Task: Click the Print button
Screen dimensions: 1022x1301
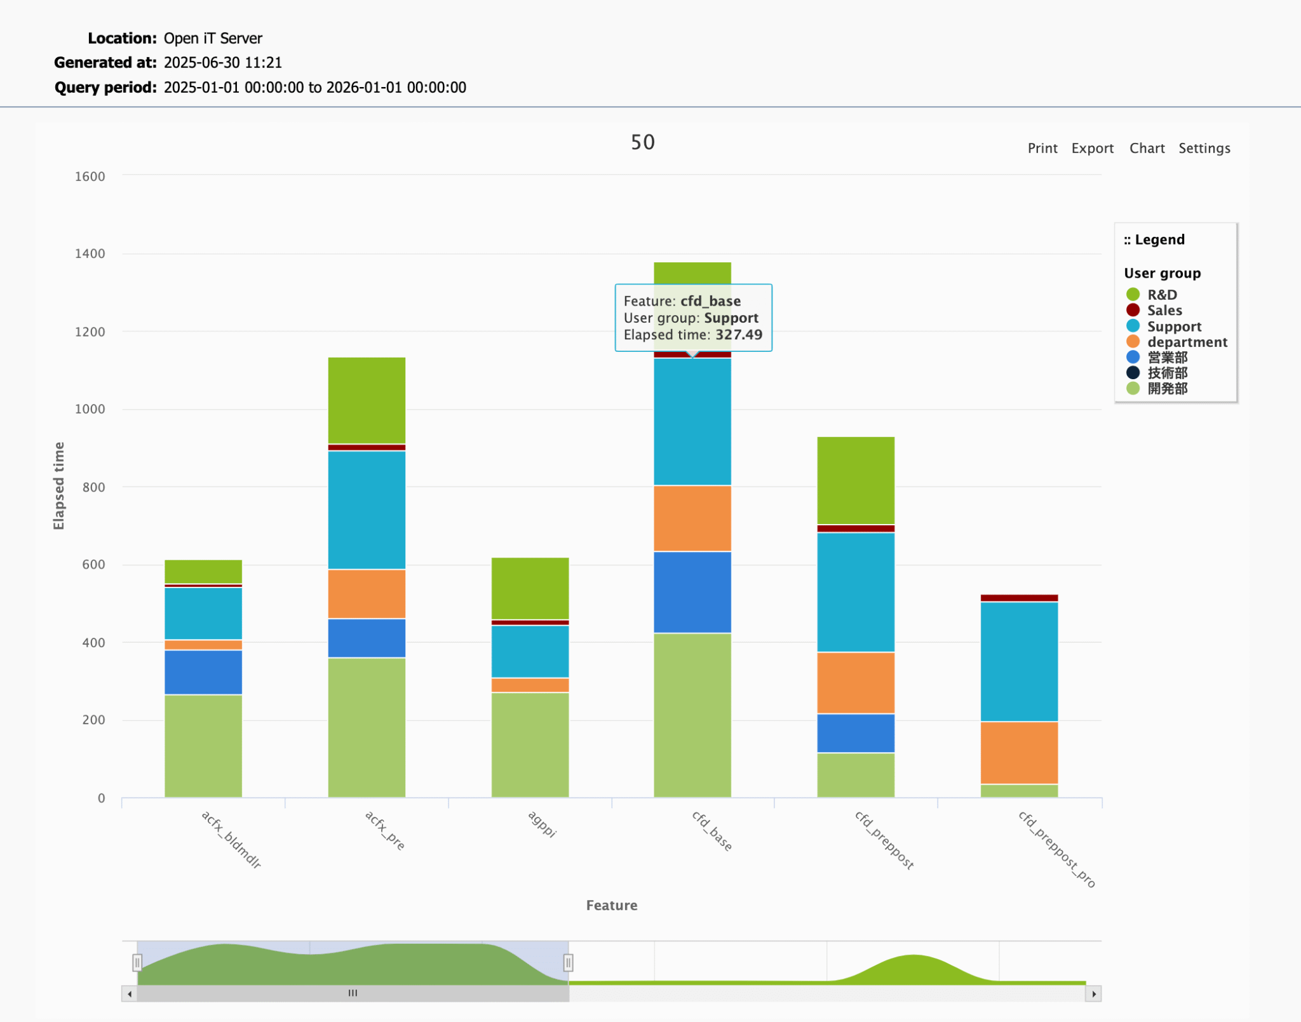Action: [1042, 148]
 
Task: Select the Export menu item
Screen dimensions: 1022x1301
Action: [1092, 148]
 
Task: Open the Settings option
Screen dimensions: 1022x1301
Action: [1204, 148]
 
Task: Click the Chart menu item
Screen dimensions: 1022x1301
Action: [1147, 148]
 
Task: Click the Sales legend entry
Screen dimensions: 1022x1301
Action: [1164, 311]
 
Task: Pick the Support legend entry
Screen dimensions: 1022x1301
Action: [1173, 326]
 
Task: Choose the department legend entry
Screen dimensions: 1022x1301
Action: [1187, 342]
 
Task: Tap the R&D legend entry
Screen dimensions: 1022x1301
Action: [1161, 295]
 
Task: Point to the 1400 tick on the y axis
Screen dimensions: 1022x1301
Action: [90, 254]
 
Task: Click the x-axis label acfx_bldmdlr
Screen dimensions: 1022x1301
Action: [231, 840]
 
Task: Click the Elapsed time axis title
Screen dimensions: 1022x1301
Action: [58, 486]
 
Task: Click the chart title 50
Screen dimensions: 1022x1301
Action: [642, 142]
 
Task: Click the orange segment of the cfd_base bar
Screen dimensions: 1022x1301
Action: [692, 518]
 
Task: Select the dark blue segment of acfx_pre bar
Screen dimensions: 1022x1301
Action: [367, 638]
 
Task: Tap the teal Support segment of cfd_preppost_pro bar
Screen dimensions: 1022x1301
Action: [1019, 661]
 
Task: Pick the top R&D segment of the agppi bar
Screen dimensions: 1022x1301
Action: [530, 588]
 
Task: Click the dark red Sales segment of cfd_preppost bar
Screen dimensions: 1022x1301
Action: [856, 528]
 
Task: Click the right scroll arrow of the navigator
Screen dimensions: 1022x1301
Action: [1093, 994]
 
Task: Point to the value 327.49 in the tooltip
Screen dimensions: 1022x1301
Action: [738, 335]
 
